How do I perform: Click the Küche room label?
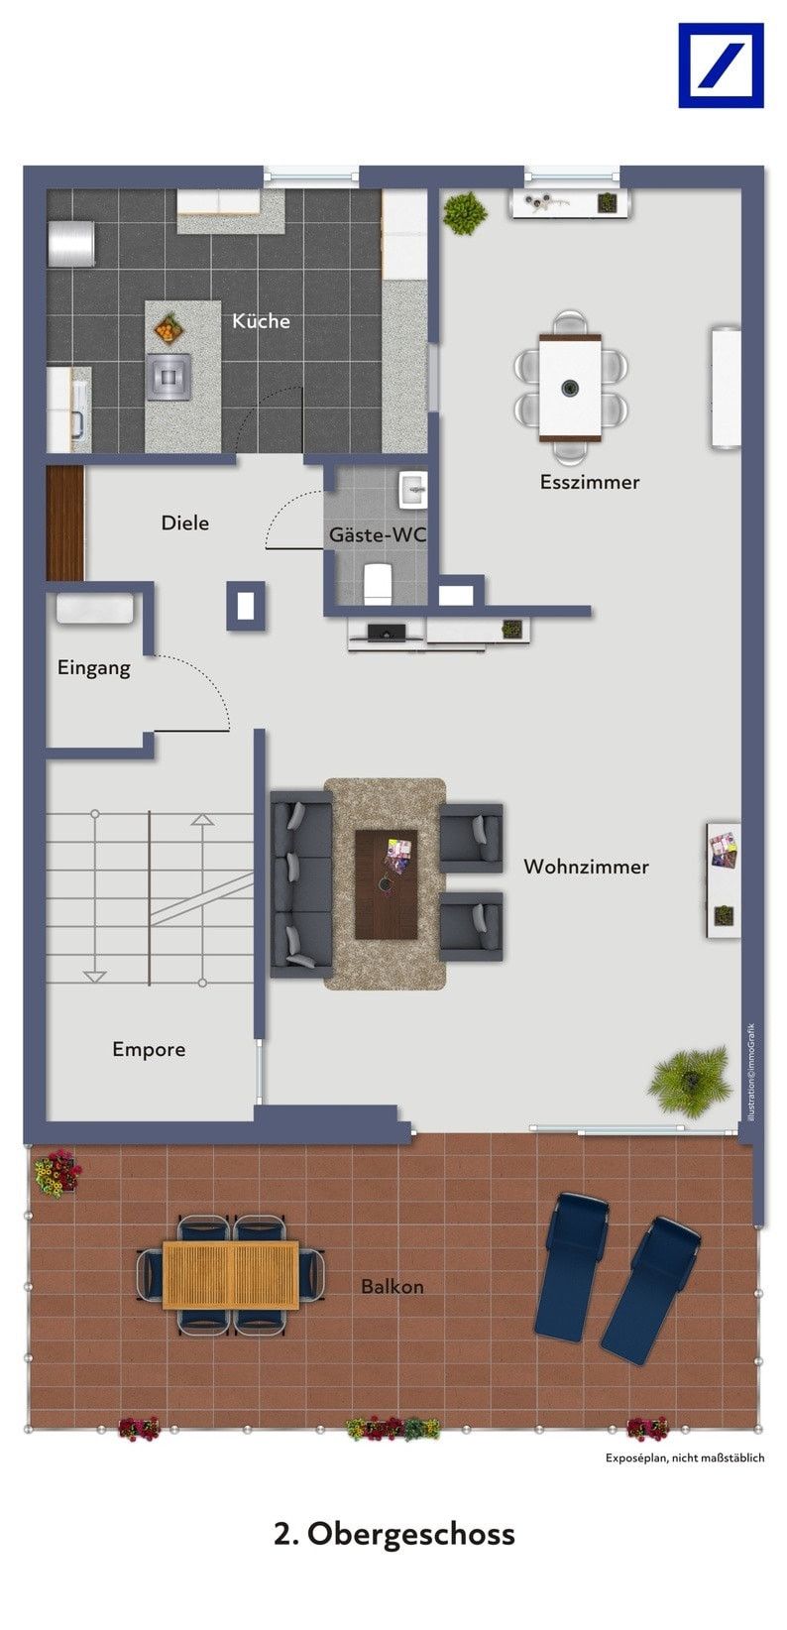click(261, 321)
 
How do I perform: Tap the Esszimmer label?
click(590, 482)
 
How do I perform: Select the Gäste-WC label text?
click(378, 534)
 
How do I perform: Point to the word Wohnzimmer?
click(586, 867)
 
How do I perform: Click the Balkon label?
click(393, 1287)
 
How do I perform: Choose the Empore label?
click(149, 1049)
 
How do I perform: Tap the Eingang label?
click(94, 668)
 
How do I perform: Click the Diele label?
click(184, 523)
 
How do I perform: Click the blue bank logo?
click(721, 65)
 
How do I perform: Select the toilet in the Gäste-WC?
click(378, 583)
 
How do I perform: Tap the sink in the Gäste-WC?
click(412, 489)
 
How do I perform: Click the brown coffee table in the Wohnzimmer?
click(387, 884)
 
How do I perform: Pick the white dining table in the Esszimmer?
click(570, 388)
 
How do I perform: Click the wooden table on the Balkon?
click(230, 1275)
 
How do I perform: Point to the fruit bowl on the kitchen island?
click(169, 328)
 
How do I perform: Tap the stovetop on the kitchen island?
click(169, 377)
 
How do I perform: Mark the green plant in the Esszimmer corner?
click(465, 213)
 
